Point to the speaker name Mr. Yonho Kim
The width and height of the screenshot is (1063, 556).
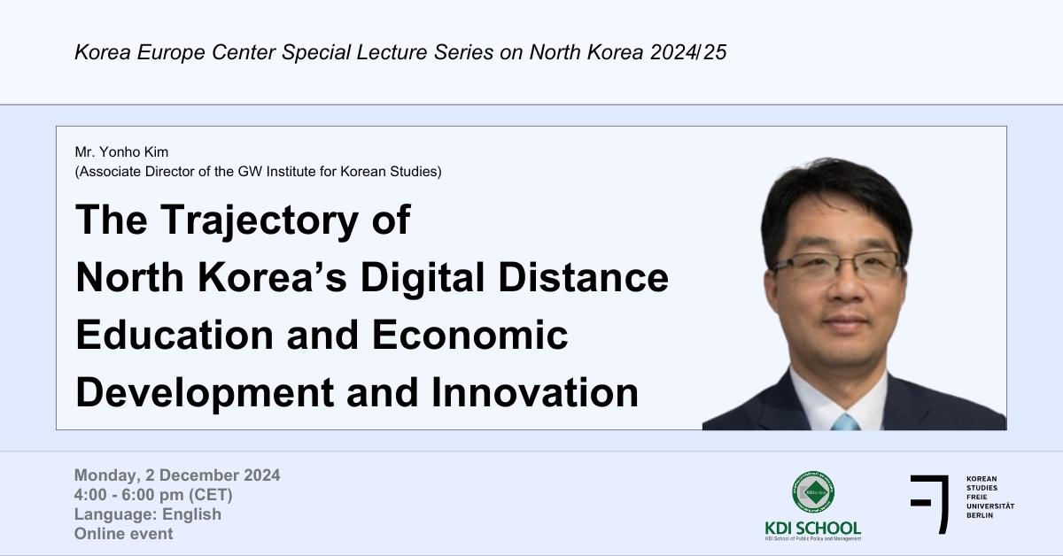[x=121, y=153]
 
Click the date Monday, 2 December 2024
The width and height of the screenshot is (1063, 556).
[x=177, y=475]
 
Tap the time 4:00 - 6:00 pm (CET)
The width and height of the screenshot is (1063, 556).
[x=159, y=495]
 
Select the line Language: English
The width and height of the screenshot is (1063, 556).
[x=148, y=514]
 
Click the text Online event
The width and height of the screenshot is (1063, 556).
[x=124, y=534]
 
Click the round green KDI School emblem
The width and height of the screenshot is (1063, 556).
[x=812, y=493]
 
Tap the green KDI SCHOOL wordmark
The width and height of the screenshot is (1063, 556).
[x=812, y=528]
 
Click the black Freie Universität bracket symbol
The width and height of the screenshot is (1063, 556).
[x=930, y=503]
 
